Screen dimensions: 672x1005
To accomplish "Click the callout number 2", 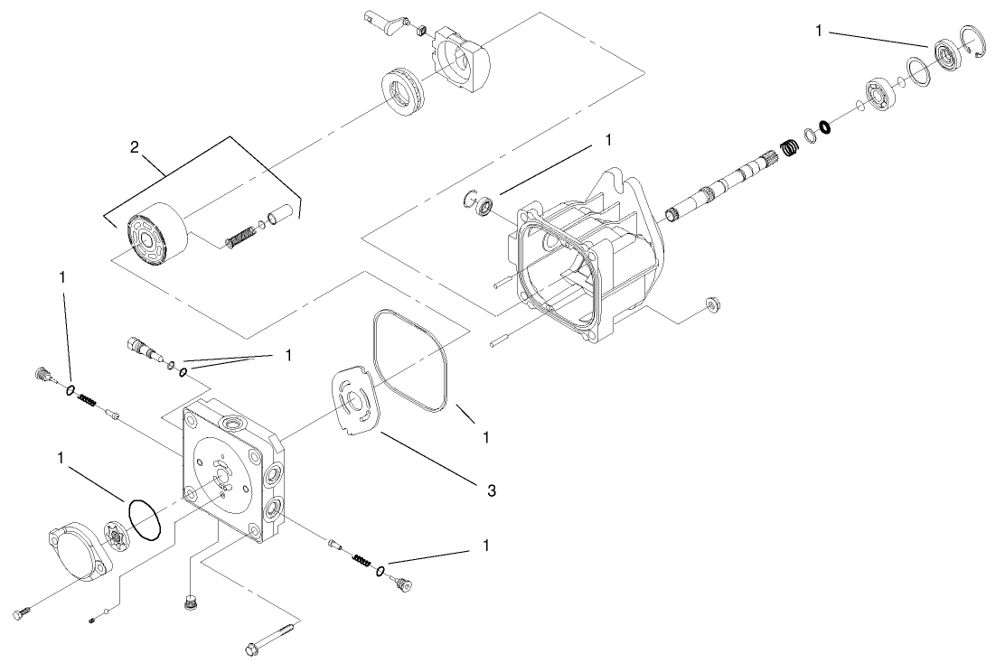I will [x=134, y=148].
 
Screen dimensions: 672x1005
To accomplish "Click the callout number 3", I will [x=491, y=490].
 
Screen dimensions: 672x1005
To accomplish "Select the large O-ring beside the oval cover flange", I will [x=144, y=520].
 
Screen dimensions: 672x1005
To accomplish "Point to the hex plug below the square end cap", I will [x=190, y=602].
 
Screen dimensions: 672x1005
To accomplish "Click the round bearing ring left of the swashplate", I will [x=399, y=90].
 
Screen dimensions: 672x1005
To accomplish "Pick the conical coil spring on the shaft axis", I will [x=786, y=144].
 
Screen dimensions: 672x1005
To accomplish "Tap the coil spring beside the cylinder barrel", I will [x=238, y=238].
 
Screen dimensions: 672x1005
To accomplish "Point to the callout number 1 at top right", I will [x=819, y=31].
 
